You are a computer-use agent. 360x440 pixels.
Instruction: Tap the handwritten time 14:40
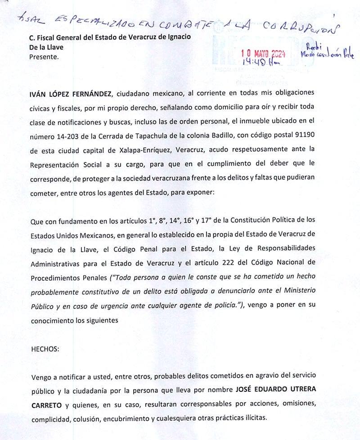tap(255, 63)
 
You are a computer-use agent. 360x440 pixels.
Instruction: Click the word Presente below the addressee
tap(43, 57)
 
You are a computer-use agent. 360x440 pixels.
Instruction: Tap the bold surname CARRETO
tap(46, 404)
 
